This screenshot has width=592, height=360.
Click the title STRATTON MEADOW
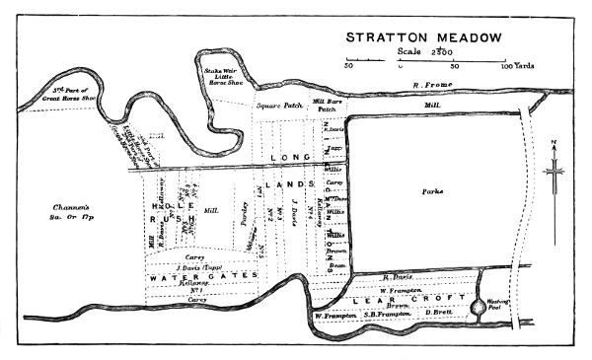422,37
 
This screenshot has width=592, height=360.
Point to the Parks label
432,190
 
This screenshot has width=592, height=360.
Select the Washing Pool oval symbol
479,308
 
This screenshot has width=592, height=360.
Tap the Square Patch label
277,104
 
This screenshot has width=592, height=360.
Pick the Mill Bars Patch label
327,106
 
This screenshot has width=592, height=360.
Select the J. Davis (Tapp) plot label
197,266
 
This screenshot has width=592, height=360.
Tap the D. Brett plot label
439,313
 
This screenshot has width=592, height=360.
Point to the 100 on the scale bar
504,66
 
